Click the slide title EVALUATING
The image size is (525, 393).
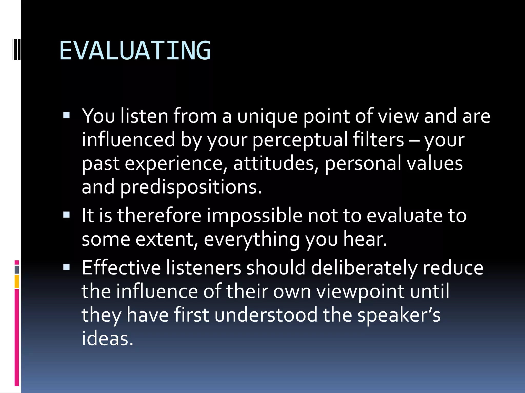coord(135,51)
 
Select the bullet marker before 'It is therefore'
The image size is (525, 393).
coord(66,215)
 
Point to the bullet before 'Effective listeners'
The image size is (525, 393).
coord(66,267)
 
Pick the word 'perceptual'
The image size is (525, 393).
coord(300,140)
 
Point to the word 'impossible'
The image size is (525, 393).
coord(254,216)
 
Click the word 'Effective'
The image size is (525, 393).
coord(121,268)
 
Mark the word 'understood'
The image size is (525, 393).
coord(266,315)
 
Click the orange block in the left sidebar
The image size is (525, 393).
coord(17,281)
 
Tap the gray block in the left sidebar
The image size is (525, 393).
coord(17,269)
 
